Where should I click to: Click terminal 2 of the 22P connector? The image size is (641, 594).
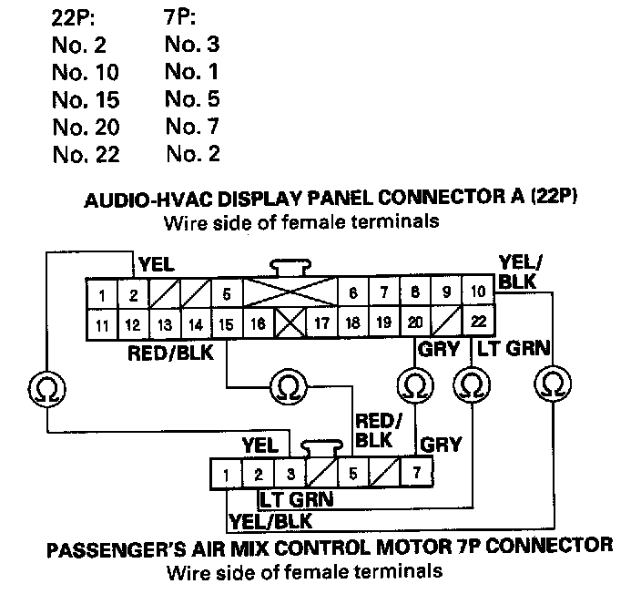point(133,295)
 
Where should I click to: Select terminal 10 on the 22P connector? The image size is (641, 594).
point(476,293)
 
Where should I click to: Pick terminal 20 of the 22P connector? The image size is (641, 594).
point(414,322)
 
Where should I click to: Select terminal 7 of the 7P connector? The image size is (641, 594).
point(416,474)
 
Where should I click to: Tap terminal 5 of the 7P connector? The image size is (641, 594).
point(352,474)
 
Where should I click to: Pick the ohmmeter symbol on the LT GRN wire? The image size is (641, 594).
point(472,385)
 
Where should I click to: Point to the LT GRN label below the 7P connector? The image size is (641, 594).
point(296,499)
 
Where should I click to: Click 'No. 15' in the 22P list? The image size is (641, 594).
point(86,98)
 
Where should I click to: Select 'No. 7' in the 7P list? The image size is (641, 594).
point(192,126)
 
